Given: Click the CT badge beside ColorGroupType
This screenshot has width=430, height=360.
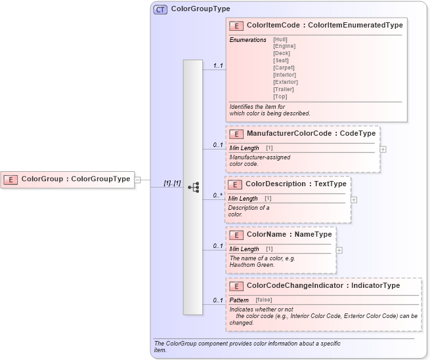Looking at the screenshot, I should [160, 10].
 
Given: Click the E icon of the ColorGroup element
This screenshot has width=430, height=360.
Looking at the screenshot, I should [11, 178].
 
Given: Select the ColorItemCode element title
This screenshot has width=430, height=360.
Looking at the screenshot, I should [324, 25].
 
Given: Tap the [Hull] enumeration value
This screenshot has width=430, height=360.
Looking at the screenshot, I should [280, 39].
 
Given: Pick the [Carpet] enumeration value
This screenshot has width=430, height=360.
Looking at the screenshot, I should [284, 68].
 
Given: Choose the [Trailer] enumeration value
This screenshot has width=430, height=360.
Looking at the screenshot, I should [284, 89].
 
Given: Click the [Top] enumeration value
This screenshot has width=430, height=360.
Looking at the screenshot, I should [280, 96].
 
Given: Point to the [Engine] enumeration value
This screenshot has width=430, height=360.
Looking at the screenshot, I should [284, 47].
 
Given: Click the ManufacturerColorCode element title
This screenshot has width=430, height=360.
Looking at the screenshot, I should [311, 133].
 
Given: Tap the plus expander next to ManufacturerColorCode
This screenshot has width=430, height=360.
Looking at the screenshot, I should [383, 149].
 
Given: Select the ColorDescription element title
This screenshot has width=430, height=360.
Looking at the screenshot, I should [296, 184].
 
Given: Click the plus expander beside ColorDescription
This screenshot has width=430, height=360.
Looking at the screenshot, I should [354, 199].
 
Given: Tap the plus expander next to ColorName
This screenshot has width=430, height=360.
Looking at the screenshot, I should [339, 250].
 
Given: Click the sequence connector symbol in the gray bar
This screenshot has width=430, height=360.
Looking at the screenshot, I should [193, 187].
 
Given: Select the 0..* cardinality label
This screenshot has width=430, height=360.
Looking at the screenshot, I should [218, 195].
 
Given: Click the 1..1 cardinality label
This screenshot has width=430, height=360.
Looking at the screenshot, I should [218, 66].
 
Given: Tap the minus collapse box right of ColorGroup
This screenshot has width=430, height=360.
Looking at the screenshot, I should [137, 179].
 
